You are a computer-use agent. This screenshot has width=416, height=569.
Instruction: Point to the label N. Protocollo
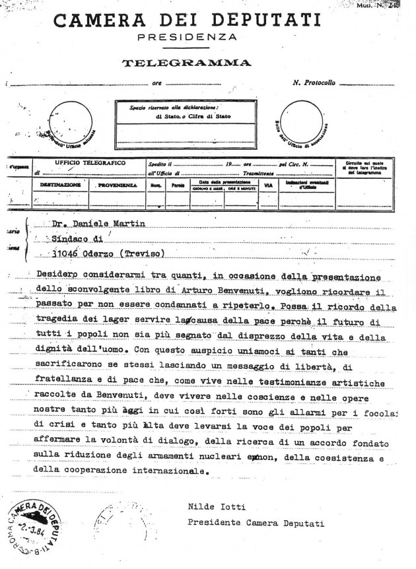pos(316,84)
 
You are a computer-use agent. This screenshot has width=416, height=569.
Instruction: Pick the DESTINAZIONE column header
pos(60,186)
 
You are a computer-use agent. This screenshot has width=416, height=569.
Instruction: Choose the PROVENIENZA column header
pos(117,186)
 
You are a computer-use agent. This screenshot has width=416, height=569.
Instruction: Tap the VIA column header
pos(268,185)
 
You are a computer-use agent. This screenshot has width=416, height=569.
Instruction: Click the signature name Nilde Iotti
pos(210,506)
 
